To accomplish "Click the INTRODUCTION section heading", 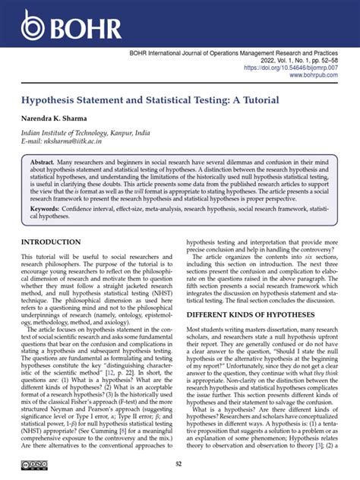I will [x=56, y=242].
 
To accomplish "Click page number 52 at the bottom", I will [x=179, y=465].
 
